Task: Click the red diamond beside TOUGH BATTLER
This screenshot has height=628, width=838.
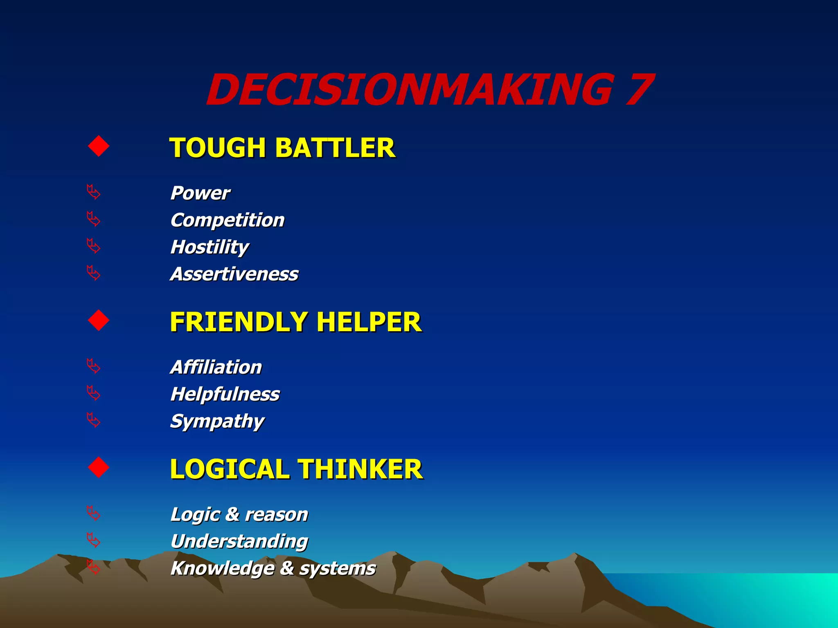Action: tap(99, 146)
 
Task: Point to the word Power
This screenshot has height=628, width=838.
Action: tap(200, 193)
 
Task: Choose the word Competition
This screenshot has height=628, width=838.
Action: tap(228, 220)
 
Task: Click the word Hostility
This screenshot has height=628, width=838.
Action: tap(209, 247)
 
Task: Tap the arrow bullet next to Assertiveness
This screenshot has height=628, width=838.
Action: tap(94, 273)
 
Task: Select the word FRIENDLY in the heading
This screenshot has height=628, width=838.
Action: tap(239, 322)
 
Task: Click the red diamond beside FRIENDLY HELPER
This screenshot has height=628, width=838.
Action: tap(99, 320)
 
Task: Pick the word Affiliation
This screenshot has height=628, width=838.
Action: tap(216, 367)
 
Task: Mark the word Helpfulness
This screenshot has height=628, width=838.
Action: tap(225, 395)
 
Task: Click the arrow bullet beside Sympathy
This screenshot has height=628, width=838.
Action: tap(94, 420)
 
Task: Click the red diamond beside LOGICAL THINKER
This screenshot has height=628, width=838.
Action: tap(99, 467)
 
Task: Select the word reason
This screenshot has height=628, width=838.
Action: tap(277, 514)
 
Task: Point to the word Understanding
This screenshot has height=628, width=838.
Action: tap(239, 542)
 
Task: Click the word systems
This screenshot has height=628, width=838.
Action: tap(338, 569)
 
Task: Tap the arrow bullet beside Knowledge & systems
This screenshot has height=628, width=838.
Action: tap(94, 567)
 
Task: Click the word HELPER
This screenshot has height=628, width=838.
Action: tap(369, 322)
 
